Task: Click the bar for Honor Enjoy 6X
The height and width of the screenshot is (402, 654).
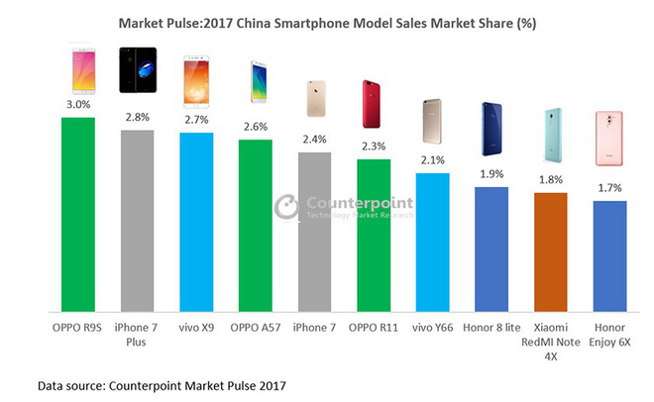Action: click(609, 254)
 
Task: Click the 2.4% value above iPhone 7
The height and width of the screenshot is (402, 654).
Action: click(314, 140)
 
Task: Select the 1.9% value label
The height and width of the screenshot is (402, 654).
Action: click(491, 174)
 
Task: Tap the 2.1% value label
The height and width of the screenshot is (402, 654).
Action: click(432, 160)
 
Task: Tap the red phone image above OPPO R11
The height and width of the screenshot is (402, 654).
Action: click(374, 109)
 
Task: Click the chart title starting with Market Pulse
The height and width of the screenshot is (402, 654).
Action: click(326, 21)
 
